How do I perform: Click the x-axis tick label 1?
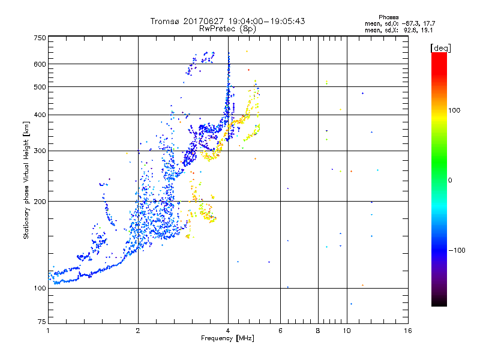[x=48, y=331]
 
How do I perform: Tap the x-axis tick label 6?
[x=280, y=331]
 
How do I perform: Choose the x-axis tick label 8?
[x=317, y=331]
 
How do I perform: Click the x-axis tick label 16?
[x=407, y=331]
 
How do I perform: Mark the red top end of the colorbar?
[x=439, y=55]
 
